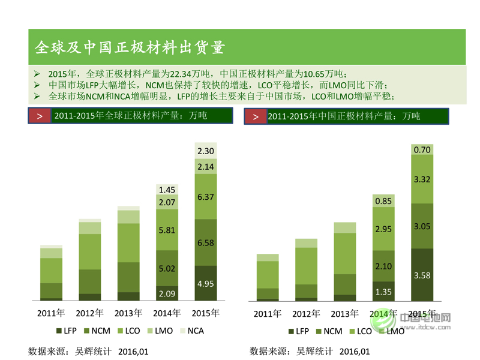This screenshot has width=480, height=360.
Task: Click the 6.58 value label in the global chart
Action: pyautogui.click(x=205, y=242)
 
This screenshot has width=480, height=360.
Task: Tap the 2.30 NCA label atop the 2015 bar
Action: pyautogui.click(x=205, y=151)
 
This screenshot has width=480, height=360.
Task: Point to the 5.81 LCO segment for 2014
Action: pyautogui.click(x=167, y=229)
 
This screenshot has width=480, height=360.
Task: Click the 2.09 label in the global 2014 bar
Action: pyautogui.click(x=167, y=293)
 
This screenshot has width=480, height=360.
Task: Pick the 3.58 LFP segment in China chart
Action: pyautogui.click(x=422, y=275)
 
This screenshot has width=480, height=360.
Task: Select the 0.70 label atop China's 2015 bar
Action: pyautogui.click(x=422, y=149)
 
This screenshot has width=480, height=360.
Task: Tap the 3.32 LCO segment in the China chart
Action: pyautogui.click(x=422, y=179)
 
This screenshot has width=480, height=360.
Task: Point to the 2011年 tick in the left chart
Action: pyautogui.click(x=51, y=313)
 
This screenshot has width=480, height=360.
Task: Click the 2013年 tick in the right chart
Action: pyautogui.click(x=344, y=314)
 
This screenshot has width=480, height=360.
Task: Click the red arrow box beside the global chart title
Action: pyautogui.click(x=40, y=116)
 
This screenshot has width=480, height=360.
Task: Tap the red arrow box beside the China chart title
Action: pyautogui.click(x=256, y=116)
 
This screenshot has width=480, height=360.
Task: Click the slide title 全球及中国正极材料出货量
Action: pyautogui.click(x=130, y=47)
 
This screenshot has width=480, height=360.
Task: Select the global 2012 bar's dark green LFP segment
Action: pyautogui.click(x=90, y=296)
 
